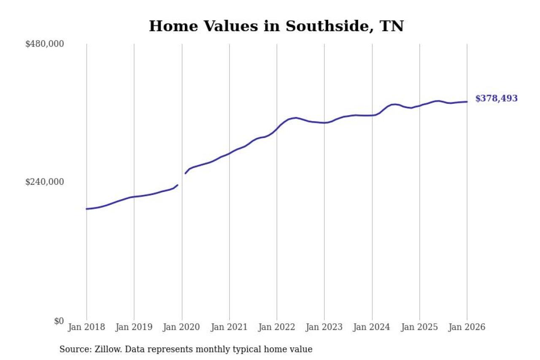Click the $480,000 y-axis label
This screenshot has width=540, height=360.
44,44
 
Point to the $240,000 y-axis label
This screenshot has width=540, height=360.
44,182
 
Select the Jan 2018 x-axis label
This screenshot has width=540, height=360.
86,327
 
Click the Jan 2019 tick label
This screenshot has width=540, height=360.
134,327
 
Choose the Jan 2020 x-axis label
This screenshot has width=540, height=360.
182,327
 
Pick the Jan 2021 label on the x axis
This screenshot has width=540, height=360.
229,327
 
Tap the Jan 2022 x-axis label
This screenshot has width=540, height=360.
277,327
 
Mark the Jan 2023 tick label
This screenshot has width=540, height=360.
324,327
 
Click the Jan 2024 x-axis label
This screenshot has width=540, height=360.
372,327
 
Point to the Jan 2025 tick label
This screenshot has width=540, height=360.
419,327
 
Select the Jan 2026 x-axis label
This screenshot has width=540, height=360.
467,327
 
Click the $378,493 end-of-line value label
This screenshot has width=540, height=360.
496,99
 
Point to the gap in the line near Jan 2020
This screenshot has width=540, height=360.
181,179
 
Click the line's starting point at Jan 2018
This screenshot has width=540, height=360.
86,209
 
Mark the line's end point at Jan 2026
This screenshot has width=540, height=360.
467,101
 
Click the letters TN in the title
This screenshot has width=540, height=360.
392,26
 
